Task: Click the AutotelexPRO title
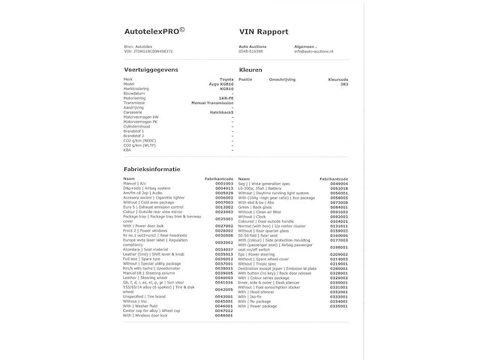click(154, 31)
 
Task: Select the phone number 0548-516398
click(250, 51)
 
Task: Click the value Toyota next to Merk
click(226, 79)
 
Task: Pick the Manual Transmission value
click(212, 102)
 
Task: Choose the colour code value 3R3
click(343, 84)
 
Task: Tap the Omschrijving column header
click(282, 79)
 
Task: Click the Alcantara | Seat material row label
click(146, 249)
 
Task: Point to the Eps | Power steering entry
click(258, 254)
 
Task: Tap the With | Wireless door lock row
click(145, 315)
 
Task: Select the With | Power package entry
click(256, 306)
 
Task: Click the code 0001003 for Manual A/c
click(223, 183)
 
